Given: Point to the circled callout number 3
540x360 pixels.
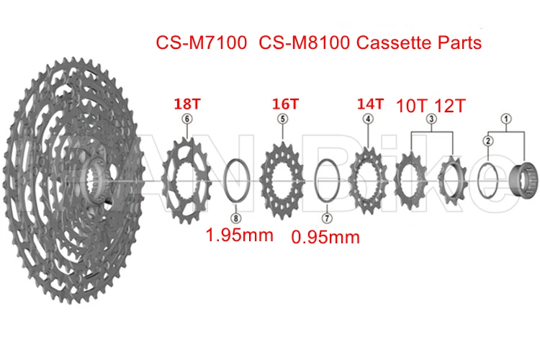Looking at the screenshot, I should [x=431, y=119].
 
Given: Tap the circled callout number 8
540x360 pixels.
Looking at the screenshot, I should [x=235, y=217].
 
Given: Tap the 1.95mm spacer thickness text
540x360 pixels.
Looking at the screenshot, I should [x=240, y=235].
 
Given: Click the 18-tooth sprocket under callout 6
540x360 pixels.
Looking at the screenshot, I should [x=187, y=176].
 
